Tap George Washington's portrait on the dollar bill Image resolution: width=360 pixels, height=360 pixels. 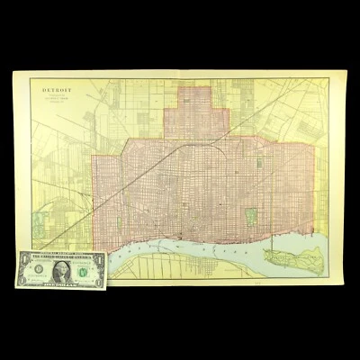coord(59,267)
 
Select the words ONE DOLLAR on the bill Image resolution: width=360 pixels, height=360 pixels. coord(59,282)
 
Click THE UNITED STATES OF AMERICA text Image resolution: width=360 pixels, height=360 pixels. coord(59,255)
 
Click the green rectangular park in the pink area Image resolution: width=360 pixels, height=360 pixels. coord(252,216)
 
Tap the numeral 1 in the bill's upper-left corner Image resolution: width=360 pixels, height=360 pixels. coord(21,256)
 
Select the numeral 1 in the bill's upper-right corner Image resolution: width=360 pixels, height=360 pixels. coord(98,256)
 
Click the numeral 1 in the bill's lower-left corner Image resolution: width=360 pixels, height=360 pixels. coord(21,280)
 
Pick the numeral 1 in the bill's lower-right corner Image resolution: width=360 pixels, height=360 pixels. coord(98,280)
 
